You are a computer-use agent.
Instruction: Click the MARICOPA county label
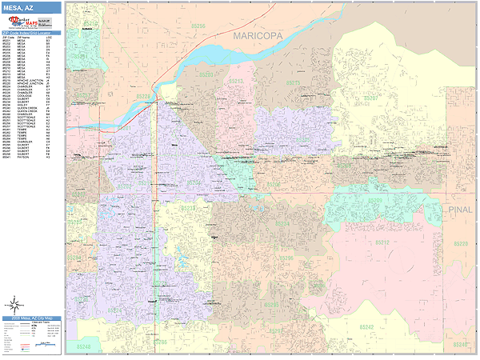263,36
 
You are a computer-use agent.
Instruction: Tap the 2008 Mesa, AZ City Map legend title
30,319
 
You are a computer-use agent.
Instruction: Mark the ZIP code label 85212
382,242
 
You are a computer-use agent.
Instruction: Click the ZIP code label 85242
366,326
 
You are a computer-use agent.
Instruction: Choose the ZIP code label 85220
460,242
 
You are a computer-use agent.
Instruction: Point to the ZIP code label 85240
460,344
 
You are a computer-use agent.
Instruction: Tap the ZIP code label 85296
286,258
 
